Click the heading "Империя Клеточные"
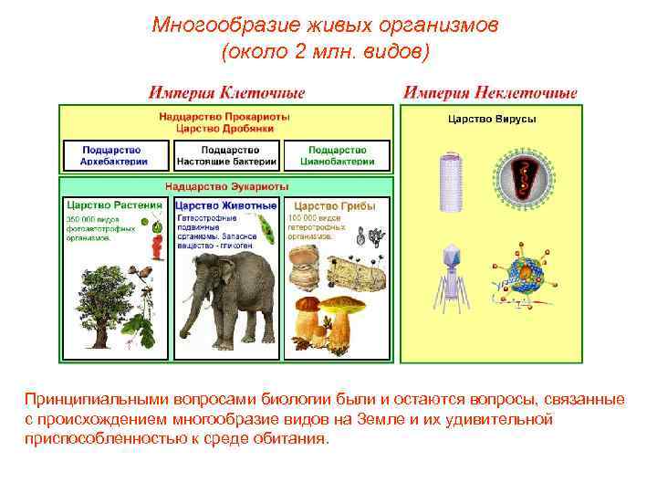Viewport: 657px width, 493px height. (227, 93)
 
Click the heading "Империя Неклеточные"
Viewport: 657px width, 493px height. (490, 93)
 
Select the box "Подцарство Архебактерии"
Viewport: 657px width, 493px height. (116, 155)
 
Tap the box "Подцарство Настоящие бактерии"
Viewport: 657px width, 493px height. (226, 155)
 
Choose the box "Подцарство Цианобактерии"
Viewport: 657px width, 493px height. (337, 155)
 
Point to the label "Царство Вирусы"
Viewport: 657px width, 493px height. (491, 120)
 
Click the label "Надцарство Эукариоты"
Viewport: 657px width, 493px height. (226, 186)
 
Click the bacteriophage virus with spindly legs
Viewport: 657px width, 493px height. (451, 274)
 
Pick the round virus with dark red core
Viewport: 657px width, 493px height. (523, 178)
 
